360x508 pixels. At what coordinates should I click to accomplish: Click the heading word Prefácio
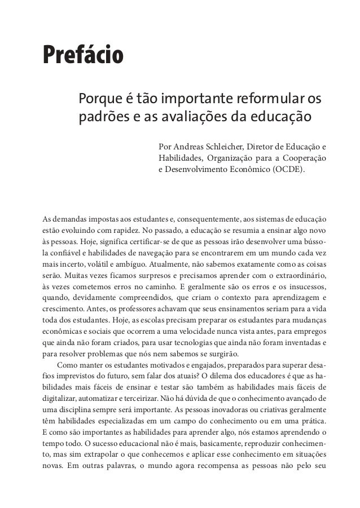click(82, 56)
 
